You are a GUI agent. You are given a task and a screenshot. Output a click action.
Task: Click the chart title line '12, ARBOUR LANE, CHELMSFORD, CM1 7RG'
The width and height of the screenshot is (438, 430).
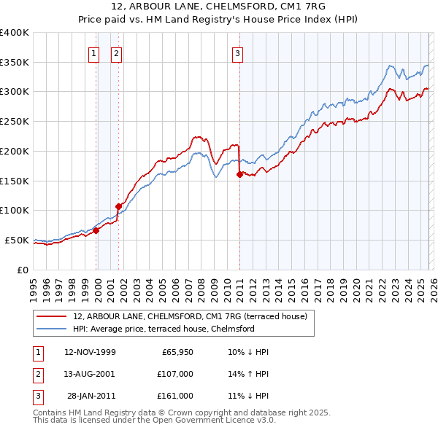[x=218, y=7]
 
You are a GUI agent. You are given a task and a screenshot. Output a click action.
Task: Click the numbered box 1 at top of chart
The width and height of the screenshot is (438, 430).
[x=95, y=52]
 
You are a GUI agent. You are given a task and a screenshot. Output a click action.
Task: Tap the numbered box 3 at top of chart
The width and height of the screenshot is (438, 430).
[x=238, y=52]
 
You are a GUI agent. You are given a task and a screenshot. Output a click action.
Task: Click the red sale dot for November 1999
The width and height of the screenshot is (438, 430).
[x=96, y=230]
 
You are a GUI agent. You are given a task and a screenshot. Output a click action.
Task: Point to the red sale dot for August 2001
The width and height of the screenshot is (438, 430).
[x=118, y=206]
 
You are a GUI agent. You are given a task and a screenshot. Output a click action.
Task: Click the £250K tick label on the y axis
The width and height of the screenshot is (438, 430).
[x=15, y=121]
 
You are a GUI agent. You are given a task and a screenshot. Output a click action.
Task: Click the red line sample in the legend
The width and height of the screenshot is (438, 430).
[x=52, y=316]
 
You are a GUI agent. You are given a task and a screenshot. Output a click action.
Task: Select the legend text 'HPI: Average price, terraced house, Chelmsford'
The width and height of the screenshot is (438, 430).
[x=164, y=329]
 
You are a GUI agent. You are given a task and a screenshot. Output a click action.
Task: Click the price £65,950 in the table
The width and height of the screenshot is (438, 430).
[x=177, y=352]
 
